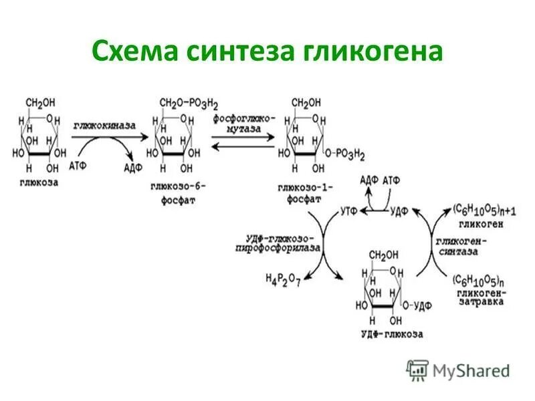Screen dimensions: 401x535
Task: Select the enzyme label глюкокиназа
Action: click(x=104, y=125)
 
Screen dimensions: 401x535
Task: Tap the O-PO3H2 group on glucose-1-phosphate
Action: click(x=346, y=155)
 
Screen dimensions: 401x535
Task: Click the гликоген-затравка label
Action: click(x=479, y=297)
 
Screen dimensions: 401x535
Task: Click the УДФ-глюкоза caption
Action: click(x=391, y=333)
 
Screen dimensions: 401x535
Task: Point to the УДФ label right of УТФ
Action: click(x=400, y=211)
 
